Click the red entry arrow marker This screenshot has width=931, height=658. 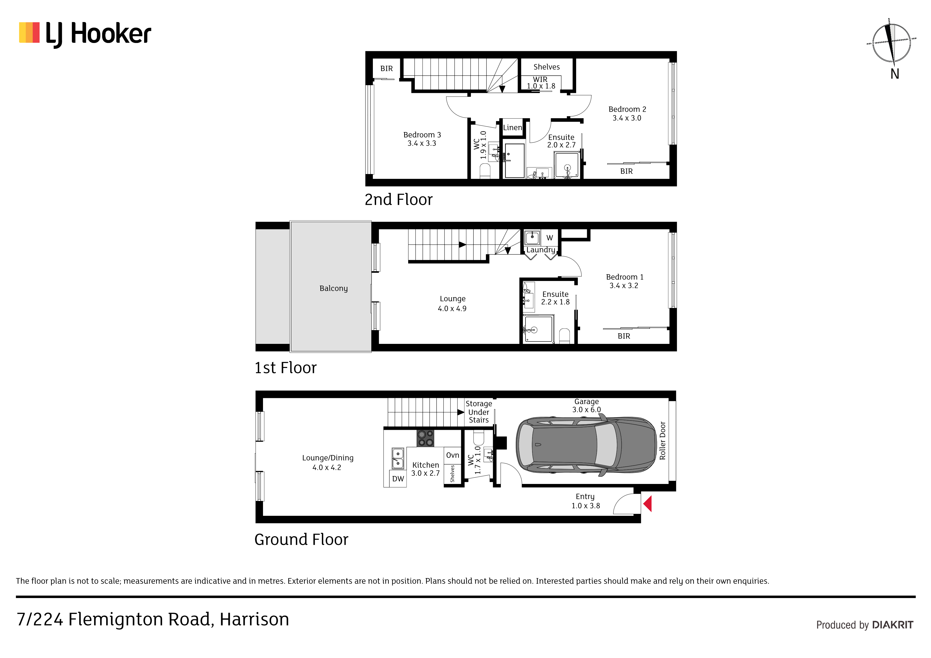coord(648,504)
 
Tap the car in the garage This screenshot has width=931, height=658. coord(586,445)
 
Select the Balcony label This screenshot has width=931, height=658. coord(333,288)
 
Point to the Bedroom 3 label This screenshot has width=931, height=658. coord(422,135)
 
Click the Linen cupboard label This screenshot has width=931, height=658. coord(512,127)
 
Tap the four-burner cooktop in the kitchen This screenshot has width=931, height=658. coord(425,438)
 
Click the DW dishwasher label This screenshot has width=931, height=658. coord(398,479)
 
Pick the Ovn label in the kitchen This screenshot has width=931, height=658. coord(452,455)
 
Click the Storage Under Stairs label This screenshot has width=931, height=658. coord(479,412)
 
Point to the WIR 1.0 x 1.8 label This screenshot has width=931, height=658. coord(541,83)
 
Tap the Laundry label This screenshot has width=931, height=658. coord(541,250)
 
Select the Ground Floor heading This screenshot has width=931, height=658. coord(301,540)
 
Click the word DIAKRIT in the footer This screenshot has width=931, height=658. coord(893,625)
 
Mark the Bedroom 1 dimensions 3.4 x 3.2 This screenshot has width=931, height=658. coord(624,286)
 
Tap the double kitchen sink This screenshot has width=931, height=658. coord(398,458)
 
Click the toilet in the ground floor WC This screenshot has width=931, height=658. coord(479,438)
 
